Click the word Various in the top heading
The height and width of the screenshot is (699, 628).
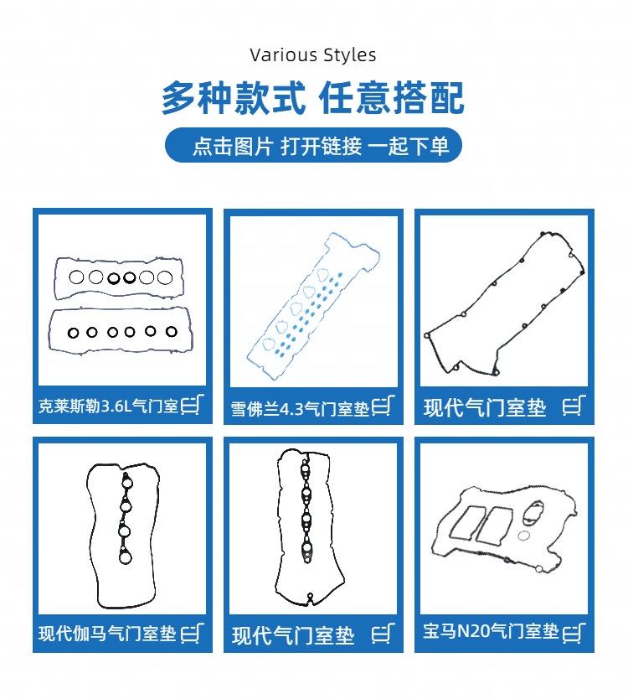283,55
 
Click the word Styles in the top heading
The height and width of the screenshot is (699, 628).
350,55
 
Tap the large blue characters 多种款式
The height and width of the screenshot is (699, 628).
234,97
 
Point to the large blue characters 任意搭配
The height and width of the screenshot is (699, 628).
392,97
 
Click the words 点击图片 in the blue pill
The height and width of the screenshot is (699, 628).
233,146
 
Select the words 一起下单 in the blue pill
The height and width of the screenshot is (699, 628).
408,146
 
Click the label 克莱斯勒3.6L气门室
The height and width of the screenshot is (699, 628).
109,406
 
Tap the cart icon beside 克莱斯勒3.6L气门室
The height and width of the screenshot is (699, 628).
193,404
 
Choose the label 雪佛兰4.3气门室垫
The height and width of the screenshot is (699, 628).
301,408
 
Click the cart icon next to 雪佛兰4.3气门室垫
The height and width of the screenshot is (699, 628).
383,406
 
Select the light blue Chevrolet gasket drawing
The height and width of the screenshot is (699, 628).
313,306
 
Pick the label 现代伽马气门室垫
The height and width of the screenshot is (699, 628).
107,634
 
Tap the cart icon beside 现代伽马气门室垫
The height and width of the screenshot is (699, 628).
193,633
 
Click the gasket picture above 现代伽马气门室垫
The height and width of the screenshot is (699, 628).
123,536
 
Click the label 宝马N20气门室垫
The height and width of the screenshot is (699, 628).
491,631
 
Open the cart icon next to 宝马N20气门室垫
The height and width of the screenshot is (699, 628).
574,633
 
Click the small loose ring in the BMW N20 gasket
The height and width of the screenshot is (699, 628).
524,535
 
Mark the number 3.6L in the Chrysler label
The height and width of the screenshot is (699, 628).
117,406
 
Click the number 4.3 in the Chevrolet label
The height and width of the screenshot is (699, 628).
291,409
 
